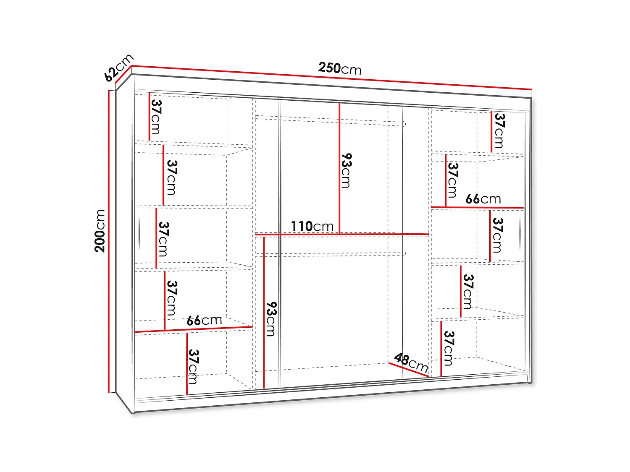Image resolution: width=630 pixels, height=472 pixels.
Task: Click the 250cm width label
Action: coord(339,68)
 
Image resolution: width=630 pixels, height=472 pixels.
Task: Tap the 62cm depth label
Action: coord(118,67)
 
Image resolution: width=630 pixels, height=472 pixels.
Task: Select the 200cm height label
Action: coord(100,231)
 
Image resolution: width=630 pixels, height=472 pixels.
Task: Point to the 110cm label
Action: coord(312,226)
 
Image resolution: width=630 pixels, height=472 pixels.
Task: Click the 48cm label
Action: coord(411,362)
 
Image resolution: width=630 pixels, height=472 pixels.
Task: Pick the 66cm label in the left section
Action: coord(204,321)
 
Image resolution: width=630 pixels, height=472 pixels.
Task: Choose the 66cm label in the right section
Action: coord(483,199)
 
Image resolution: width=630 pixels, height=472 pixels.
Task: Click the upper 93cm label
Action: coord(346,170)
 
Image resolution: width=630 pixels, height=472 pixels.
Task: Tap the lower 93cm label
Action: coord(271,319)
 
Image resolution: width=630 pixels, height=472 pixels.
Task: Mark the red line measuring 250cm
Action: coord(332,78)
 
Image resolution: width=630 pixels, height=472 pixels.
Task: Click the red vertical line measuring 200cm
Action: coord(109,241)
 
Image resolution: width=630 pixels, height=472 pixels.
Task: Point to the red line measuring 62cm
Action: coord(123,78)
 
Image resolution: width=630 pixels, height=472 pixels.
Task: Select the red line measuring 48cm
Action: coord(408,370)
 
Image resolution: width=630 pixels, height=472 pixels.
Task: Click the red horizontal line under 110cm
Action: coord(341,234)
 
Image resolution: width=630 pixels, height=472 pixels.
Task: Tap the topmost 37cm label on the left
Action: coord(156,117)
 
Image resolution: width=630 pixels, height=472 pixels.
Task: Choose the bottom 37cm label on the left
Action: coord(193,366)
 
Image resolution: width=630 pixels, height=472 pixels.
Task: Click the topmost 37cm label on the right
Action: coord(499,130)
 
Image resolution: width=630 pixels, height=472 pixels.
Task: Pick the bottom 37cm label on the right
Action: coord(449,348)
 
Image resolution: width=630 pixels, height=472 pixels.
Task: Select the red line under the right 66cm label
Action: coord(477,207)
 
